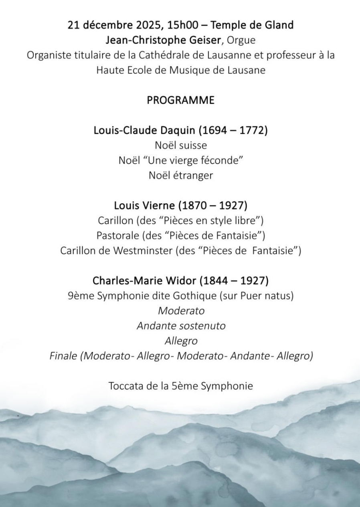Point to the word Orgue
(241, 40)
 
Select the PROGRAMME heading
(180, 100)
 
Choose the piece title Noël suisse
(180, 146)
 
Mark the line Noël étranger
(180, 175)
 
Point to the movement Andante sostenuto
(181, 326)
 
